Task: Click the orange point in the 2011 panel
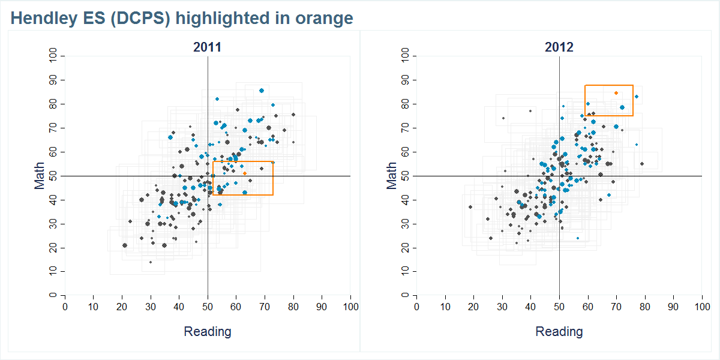pos(245,173)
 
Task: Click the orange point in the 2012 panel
pos(616,93)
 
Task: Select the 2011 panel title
pos(207,47)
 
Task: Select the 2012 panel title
pos(559,47)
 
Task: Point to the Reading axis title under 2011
pos(207,331)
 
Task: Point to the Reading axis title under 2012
pos(559,331)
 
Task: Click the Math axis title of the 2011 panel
pos(40,176)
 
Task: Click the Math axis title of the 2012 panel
pos(391,176)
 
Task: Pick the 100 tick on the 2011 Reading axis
pos(350,307)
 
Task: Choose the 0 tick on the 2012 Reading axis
pos(416,307)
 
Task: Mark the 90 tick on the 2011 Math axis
pos(53,80)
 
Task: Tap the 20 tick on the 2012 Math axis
pos(405,248)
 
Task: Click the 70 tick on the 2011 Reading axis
pos(265,307)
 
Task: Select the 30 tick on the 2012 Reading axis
pos(502,307)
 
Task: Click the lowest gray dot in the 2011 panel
pos(150,262)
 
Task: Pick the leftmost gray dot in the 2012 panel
pos(470,207)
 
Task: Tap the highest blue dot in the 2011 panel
pos(262,91)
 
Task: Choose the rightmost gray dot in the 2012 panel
pos(641,164)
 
